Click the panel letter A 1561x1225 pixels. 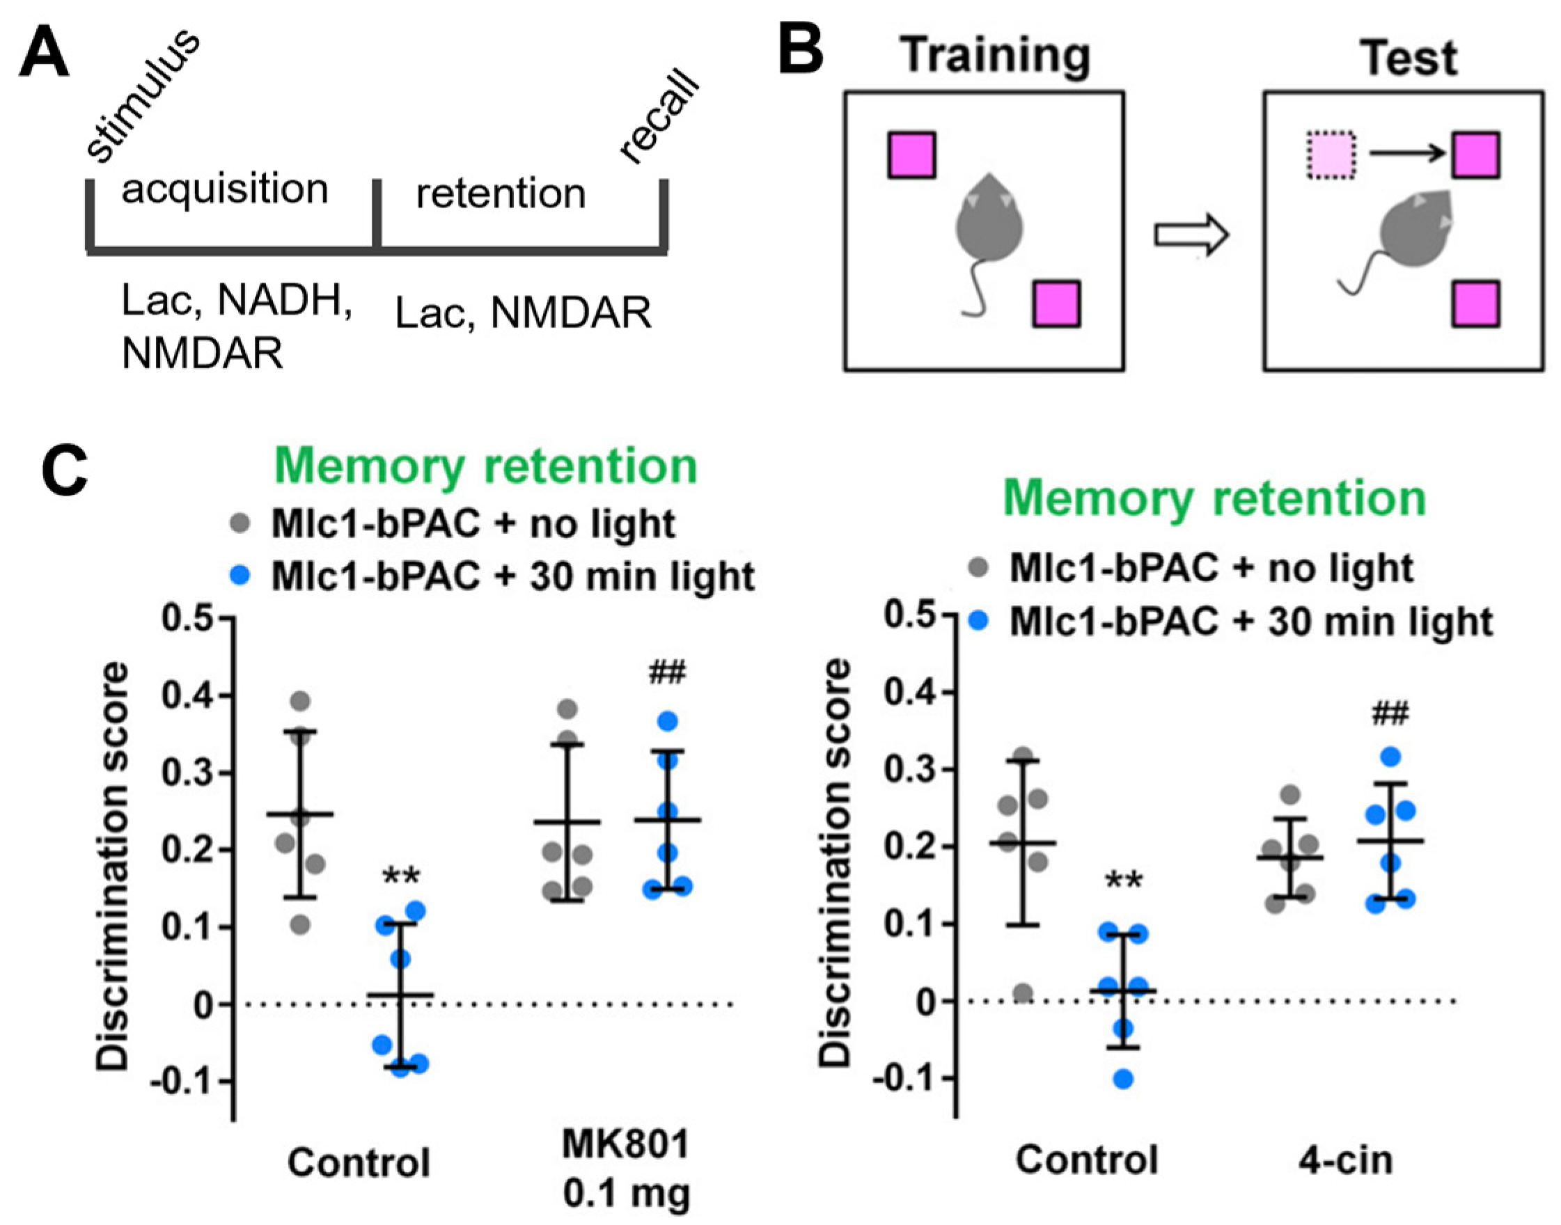(x=45, y=55)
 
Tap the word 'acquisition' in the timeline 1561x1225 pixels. (x=224, y=190)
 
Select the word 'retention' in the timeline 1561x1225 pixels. (x=501, y=194)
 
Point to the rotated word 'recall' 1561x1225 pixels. (x=659, y=118)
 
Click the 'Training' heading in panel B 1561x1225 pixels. (x=996, y=56)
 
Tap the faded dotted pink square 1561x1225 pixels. (x=1331, y=155)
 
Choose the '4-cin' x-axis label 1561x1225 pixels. (x=1346, y=1160)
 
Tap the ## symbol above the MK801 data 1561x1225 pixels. (x=667, y=674)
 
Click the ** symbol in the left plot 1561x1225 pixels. (x=401, y=876)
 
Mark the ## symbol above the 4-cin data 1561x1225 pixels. (x=1390, y=714)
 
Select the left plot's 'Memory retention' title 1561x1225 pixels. (x=486, y=467)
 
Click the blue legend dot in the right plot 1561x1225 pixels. (x=978, y=621)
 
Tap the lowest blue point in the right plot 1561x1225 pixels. (x=1123, y=1079)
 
